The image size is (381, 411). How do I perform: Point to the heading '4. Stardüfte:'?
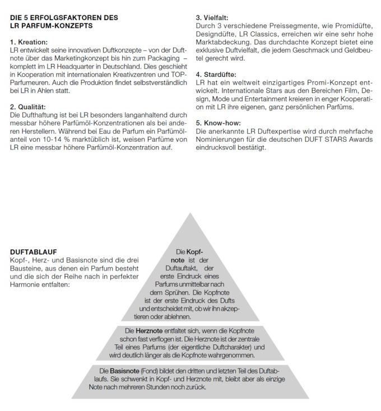click(x=216, y=74)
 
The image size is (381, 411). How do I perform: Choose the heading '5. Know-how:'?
click(x=217, y=122)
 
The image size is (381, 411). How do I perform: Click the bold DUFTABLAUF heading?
click(x=33, y=253)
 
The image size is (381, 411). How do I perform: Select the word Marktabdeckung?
click(x=223, y=41)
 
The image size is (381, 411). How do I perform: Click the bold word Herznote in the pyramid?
click(x=148, y=331)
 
